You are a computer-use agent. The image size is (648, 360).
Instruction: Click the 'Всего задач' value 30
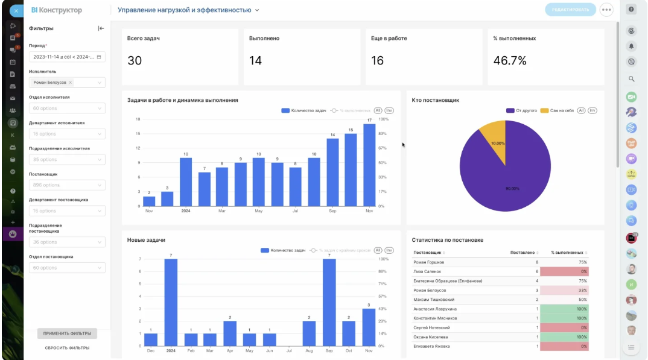pyautogui.click(x=135, y=60)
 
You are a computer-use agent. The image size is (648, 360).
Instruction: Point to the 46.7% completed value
pyautogui.click(x=510, y=60)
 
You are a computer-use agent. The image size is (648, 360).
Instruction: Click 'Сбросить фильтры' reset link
pyautogui.click(x=67, y=348)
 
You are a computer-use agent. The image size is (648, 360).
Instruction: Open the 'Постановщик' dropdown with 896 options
pyautogui.click(x=67, y=185)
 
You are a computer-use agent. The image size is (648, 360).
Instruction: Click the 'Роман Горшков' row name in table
pyautogui.click(x=429, y=262)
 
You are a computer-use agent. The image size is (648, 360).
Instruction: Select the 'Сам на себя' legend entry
pyautogui.click(x=556, y=111)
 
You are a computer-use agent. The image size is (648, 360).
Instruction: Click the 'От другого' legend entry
pyautogui.click(x=522, y=111)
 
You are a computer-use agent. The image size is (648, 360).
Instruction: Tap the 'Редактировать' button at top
pyautogui.click(x=570, y=10)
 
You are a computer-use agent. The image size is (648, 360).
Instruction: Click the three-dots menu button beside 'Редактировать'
pyautogui.click(x=606, y=10)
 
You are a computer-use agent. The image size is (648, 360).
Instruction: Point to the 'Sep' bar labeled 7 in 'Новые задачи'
pyautogui.click(x=329, y=302)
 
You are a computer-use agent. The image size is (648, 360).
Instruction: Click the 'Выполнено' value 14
pyautogui.click(x=255, y=60)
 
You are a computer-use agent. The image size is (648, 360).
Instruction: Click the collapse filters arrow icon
pyautogui.click(x=101, y=28)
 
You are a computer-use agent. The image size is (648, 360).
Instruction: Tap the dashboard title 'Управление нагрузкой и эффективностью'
pyautogui.click(x=184, y=10)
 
